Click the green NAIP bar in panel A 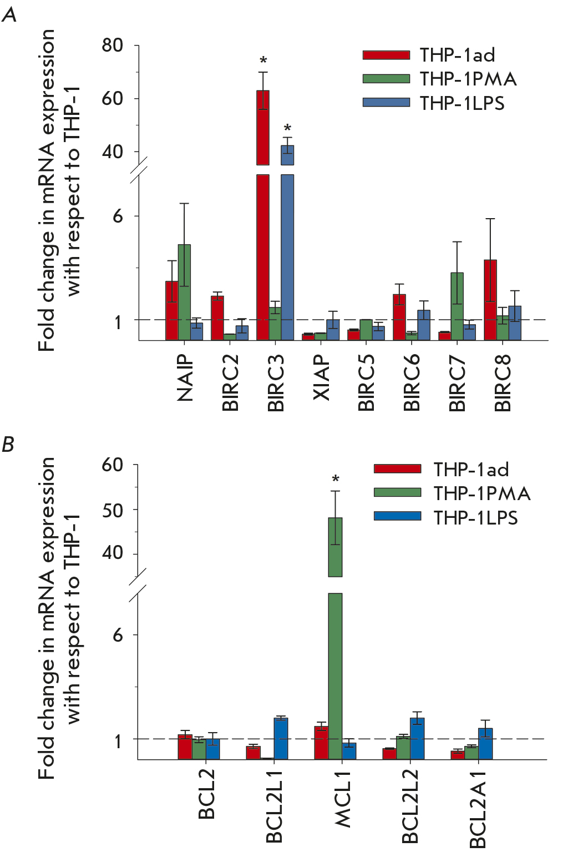(184, 292)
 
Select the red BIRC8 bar (490, 300)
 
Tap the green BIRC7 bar (457, 306)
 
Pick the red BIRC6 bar (399, 317)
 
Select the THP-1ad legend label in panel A (457, 55)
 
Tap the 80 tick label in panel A (113, 45)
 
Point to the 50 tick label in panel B (113, 510)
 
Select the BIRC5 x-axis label (367, 383)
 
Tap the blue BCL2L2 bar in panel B (417, 738)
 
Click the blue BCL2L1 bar (281, 738)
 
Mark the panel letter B (8, 445)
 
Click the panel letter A (9, 15)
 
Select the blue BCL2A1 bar (485, 744)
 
